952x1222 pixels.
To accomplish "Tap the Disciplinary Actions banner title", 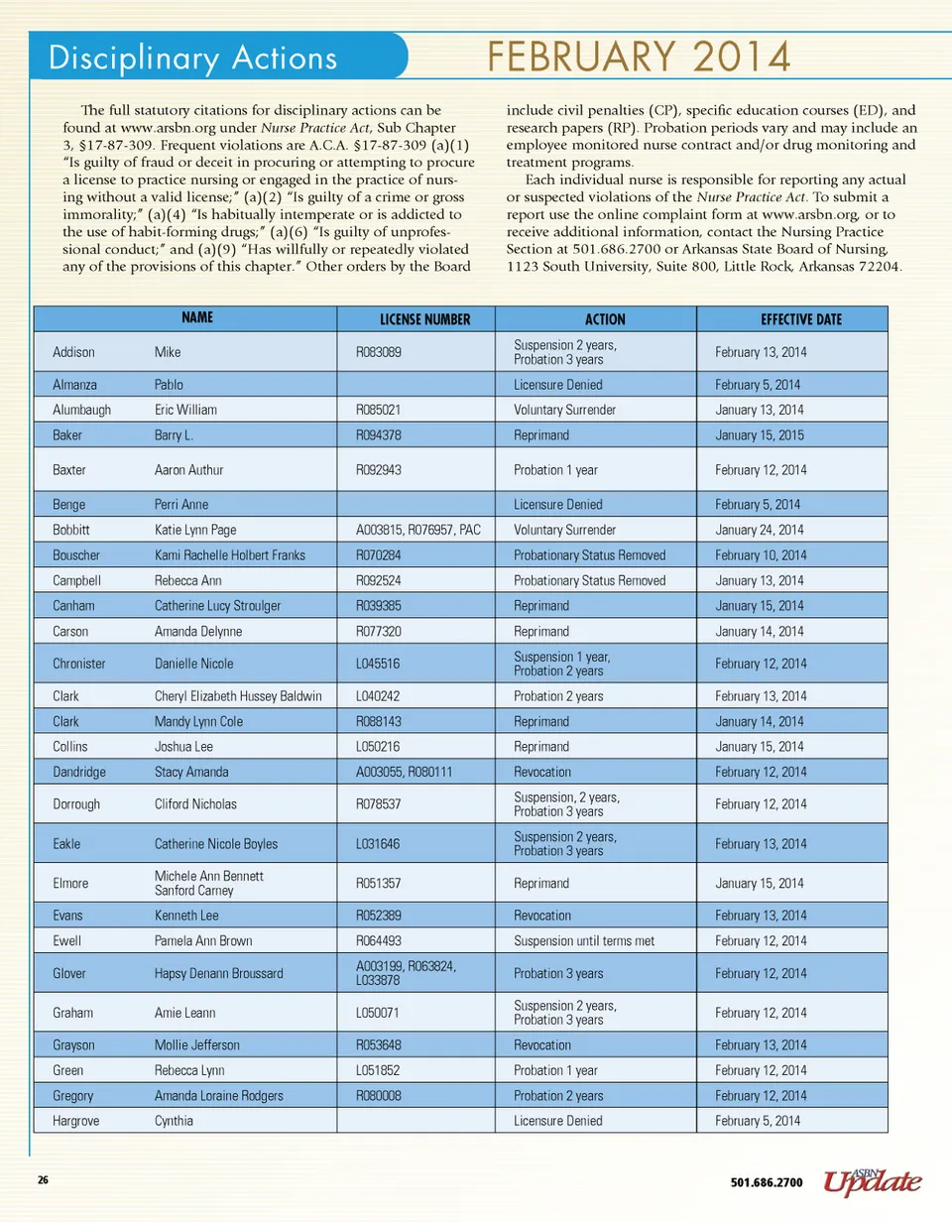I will tap(193, 58).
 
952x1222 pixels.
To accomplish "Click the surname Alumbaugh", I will tap(82, 409).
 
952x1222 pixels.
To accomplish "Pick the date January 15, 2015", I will tap(760, 434).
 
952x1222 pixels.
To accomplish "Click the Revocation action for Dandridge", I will tap(542, 772).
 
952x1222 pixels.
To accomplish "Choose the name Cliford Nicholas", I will tap(196, 804).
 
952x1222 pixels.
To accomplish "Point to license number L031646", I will tap(377, 844).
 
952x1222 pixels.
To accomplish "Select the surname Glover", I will tap(70, 973).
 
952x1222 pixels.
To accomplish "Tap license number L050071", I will tap(377, 1013).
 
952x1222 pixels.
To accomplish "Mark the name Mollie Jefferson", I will tap(197, 1045).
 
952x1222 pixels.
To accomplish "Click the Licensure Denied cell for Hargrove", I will tap(558, 1121).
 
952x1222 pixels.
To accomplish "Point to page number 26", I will tap(43, 1181).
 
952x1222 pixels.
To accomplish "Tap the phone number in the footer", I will tap(767, 1182).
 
